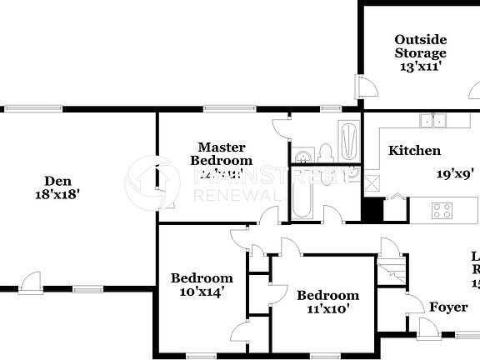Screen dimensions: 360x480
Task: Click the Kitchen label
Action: point(414,151)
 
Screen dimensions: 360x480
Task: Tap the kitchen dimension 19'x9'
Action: point(455,174)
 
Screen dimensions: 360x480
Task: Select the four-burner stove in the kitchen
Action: point(442,210)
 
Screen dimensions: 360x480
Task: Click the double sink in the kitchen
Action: point(432,121)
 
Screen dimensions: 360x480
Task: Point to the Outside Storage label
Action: point(420,47)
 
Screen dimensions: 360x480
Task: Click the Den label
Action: point(57,180)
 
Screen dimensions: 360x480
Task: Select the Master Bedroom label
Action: point(221,153)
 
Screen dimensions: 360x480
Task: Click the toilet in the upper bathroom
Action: point(326,152)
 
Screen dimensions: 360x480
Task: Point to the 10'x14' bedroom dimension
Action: point(201,292)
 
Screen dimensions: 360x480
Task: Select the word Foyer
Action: point(448,307)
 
